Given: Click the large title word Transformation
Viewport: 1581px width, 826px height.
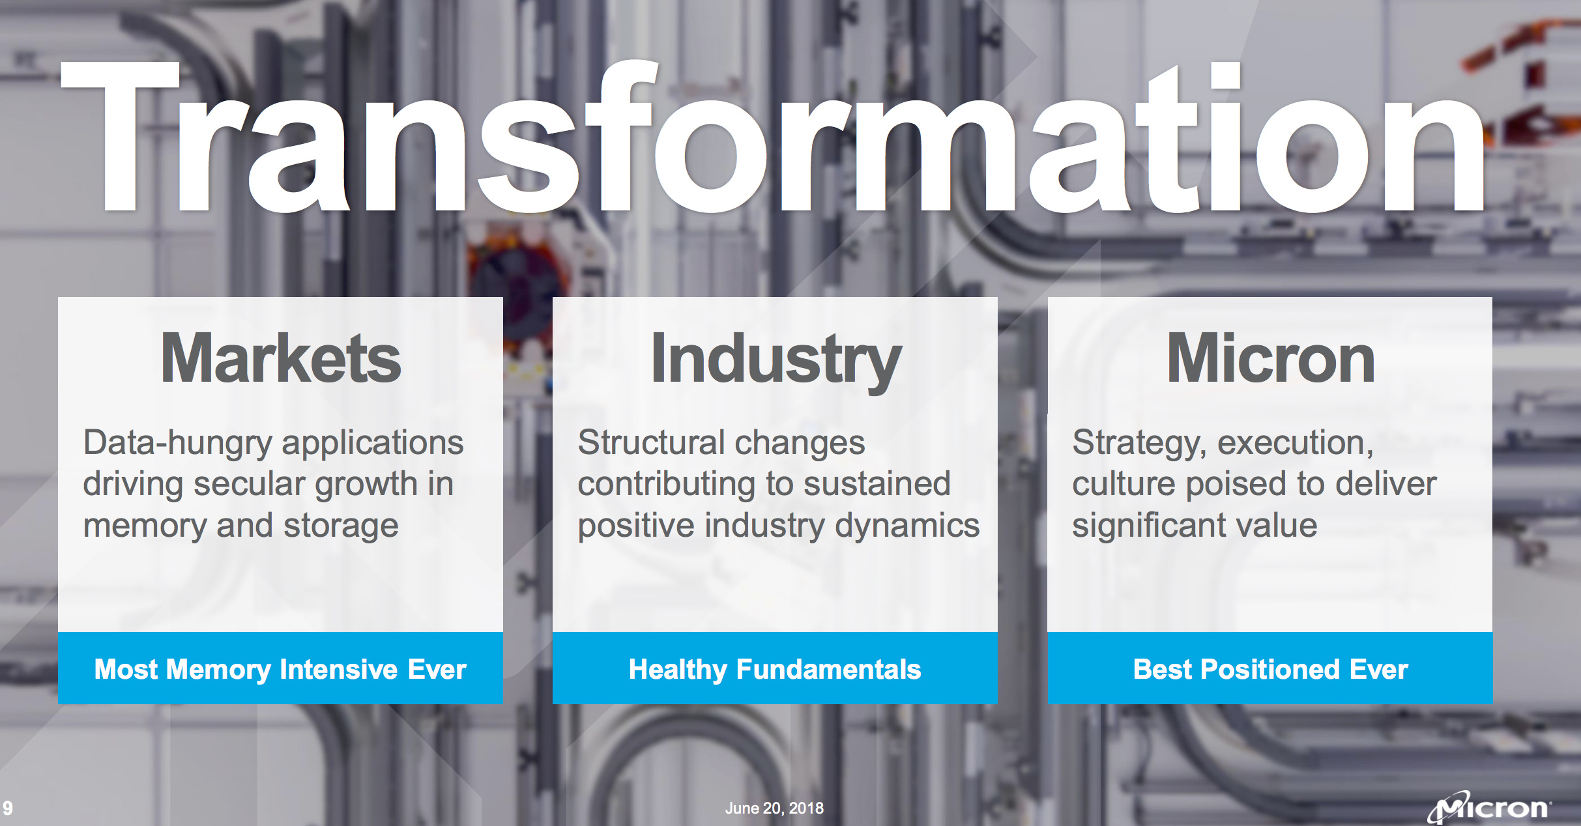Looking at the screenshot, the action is coord(772,137).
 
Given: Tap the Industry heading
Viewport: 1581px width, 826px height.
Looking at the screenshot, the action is coord(776,362).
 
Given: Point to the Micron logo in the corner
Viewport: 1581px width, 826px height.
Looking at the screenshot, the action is coord(1490,807).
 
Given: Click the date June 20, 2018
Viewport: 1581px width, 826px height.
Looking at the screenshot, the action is coord(774,808).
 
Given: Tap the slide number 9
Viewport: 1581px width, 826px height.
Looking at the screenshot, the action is coord(7,808).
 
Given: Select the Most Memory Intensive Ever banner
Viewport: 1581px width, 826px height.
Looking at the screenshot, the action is coord(280,668).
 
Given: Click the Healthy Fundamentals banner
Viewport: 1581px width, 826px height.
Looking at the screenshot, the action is coord(775,668).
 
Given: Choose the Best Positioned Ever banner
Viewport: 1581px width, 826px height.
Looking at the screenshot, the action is coord(1270,668).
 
